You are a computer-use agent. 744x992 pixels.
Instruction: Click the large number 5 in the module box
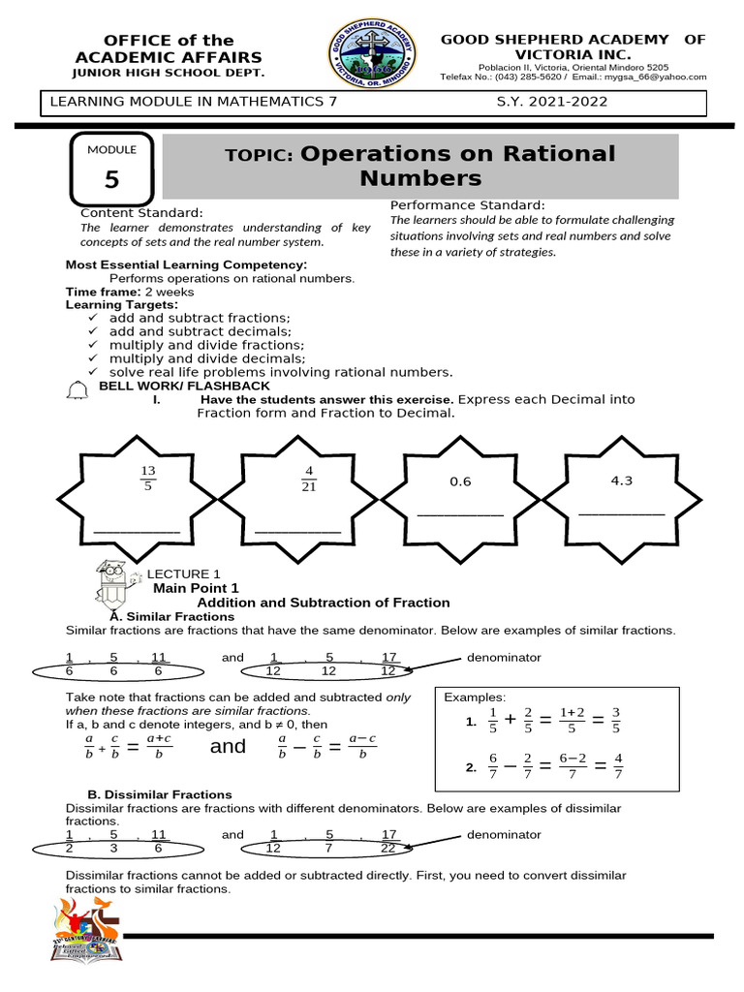pos(112,180)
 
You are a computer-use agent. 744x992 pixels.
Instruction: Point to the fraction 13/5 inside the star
pos(148,479)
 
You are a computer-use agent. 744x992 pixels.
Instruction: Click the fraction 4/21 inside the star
pos(309,479)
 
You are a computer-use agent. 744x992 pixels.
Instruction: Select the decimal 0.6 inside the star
pos(460,481)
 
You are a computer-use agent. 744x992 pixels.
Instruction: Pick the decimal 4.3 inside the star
pos(621,480)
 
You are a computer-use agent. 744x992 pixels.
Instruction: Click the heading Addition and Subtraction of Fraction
pos(324,603)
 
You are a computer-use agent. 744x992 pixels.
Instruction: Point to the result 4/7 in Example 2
pos(618,766)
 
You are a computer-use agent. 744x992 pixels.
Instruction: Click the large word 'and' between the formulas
pos(228,746)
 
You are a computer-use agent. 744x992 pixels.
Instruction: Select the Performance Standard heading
pos(467,205)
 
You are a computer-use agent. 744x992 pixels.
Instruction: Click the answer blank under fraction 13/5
pos(137,531)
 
